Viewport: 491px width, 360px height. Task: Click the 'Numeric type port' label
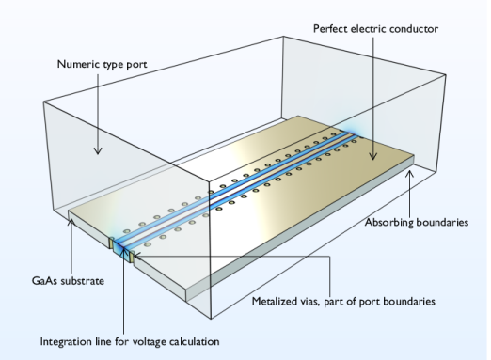pyautogui.click(x=102, y=65)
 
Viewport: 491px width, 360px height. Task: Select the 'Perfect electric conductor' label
pyautogui.click(x=375, y=29)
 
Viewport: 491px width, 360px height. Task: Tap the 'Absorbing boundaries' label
pyautogui.click(x=417, y=223)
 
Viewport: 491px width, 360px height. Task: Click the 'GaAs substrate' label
pyautogui.click(x=68, y=281)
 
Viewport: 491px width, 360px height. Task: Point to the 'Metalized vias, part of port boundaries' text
pyautogui.click(x=343, y=302)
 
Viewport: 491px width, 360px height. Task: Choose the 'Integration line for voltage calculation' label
pyautogui.click(x=130, y=341)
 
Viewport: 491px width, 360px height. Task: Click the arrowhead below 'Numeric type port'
pyautogui.click(x=98, y=151)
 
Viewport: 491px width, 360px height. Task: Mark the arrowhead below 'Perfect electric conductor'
pyautogui.click(x=372, y=156)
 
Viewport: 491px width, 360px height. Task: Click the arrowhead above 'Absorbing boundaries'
pyautogui.click(x=409, y=173)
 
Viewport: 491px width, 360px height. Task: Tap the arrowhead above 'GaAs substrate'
pyautogui.click(x=71, y=222)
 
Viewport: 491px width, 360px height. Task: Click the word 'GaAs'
pyautogui.click(x=45, y=281)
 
